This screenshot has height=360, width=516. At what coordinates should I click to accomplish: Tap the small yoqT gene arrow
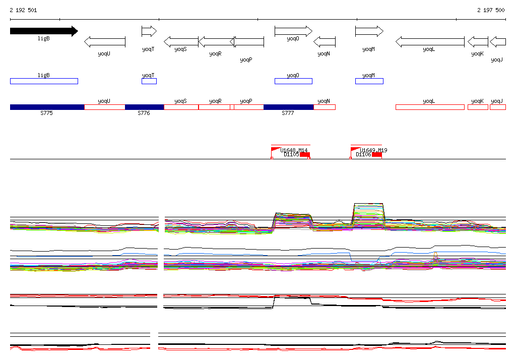(149, 31)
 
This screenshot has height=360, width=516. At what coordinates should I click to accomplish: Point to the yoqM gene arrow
(369, 31)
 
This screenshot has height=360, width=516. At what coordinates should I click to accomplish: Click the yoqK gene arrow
(478, 41)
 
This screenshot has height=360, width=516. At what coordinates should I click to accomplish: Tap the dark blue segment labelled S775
(47, 107)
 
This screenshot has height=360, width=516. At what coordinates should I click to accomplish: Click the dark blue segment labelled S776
(144, 107)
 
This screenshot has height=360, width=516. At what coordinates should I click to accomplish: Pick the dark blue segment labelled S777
(288, 107)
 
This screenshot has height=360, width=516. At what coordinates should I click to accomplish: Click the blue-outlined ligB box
(44, 81)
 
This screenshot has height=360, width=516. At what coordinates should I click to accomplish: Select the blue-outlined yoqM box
(369, 81)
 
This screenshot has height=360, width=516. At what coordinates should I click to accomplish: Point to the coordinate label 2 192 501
(23, 10)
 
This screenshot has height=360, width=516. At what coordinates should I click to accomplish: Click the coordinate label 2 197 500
(491, 10)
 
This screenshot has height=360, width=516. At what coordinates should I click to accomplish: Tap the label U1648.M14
(294, 150)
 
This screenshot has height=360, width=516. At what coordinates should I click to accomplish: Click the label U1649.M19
(373, 150)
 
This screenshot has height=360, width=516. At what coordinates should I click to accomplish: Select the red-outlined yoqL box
(429, 107)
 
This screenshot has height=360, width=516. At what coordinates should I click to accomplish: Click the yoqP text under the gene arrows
(246, 60)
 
